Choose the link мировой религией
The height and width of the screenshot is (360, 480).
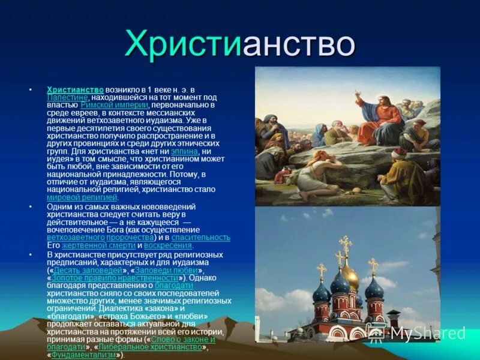click(x=82, y=197)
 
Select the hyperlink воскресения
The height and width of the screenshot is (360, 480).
click(x=169, y=245)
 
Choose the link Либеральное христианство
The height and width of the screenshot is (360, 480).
click(x=150, y=347)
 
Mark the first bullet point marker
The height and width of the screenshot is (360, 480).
click(x=31, y=89)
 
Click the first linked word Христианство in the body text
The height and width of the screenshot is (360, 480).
click(x=75, y=89)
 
